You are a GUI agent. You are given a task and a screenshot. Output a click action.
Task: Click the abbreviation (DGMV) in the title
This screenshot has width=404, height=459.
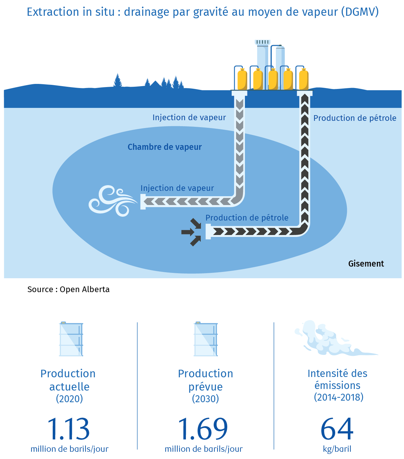(360, 12)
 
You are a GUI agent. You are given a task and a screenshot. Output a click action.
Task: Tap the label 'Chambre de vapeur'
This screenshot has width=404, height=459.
(164, 147)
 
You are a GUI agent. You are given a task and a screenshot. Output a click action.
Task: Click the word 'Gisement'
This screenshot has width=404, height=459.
(366, 263)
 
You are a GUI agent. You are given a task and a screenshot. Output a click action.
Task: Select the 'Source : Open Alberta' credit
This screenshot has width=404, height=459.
(68, 289)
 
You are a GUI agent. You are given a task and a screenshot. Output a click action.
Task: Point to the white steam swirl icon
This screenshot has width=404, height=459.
(113, 201)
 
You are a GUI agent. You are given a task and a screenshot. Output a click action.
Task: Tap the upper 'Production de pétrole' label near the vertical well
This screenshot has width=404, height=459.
(355, 118)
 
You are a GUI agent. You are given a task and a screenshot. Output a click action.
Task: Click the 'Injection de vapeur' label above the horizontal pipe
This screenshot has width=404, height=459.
(177, 188)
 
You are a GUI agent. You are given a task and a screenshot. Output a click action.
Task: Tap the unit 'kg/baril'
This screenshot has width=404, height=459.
(337, 449)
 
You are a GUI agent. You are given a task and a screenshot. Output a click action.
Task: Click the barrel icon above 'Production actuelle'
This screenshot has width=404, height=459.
(71, 339)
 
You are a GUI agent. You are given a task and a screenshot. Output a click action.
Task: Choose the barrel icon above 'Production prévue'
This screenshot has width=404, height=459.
(205, 339)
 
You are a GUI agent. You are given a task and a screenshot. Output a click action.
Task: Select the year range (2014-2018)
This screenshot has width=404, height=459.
(339, 397)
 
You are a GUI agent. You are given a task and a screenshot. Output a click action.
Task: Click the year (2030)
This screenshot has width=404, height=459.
(205, 398)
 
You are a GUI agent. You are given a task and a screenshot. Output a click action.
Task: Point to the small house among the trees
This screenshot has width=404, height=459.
(155, 84)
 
